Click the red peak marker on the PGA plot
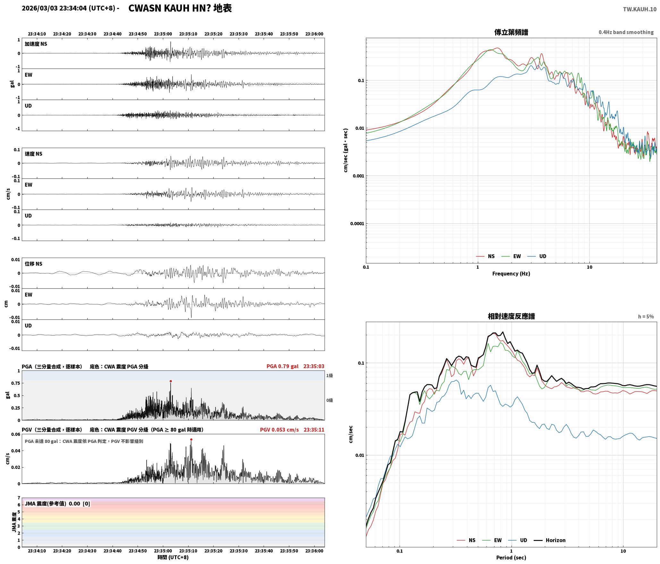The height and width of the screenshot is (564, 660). click(x=171, y=381)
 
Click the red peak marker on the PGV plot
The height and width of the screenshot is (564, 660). click(x=191, y=440)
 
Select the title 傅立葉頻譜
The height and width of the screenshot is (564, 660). click(x=511, y=32)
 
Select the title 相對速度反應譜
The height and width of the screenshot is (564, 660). click(x=511, y=316)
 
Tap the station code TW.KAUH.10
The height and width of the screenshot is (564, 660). click(x=640, y=9)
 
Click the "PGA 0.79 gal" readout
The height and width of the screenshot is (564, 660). click(x=282, y=366)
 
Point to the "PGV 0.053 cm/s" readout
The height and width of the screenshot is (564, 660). click(x=279, y=430)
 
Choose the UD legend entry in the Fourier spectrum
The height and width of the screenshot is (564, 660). click(x=537, y=256)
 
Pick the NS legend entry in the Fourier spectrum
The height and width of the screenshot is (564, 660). click(x=485, y=256)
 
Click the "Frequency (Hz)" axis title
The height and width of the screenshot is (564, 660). click(x=511, y=274)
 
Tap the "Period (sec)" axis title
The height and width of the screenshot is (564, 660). click(x=511, y=558)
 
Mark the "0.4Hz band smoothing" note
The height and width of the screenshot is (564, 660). click(x=626, y=32)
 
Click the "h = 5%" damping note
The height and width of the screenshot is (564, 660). click(x=646, y=317)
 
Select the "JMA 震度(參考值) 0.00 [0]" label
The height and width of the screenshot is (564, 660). click(x=57, y=504)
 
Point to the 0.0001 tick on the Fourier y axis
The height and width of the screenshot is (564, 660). click(x=357, y=224)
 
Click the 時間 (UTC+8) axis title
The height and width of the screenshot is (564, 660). click(x=173, y=558)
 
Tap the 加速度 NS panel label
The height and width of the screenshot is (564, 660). click(x=36, y=44)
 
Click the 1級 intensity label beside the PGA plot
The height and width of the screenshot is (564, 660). click(x=329, y=376)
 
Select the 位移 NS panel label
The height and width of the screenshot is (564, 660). click(x=34, y=264)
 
